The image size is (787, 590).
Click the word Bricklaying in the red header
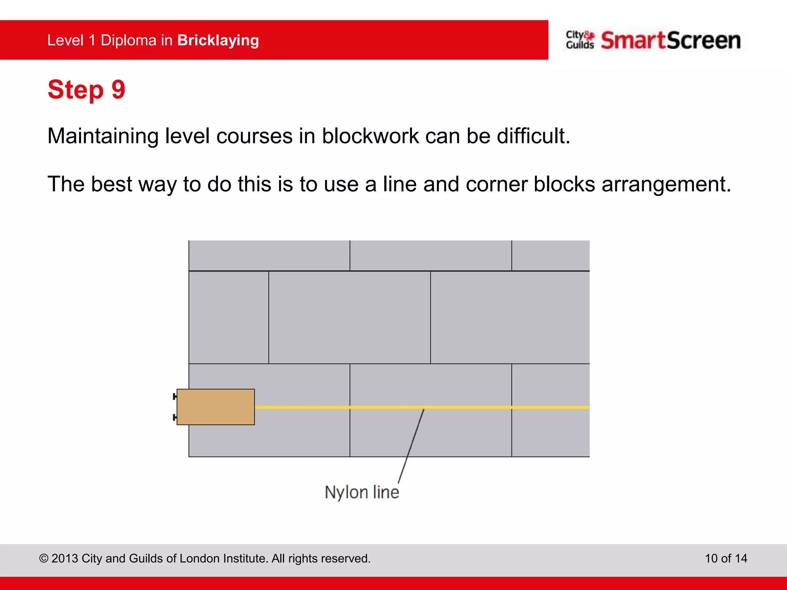pos(218,41)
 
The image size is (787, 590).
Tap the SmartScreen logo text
pos(671,41)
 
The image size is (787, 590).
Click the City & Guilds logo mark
pos(580,40)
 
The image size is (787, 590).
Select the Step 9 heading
pos(86,89)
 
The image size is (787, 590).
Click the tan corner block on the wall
pos(216,407)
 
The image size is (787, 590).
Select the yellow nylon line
pos(461,407)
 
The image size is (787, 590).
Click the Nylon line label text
pos(362,492)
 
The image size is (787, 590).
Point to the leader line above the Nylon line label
pos(411,446)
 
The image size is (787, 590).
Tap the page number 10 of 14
pos(726,558)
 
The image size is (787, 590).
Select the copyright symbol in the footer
pos(44,558)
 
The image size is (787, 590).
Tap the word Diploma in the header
pos(128,41)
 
